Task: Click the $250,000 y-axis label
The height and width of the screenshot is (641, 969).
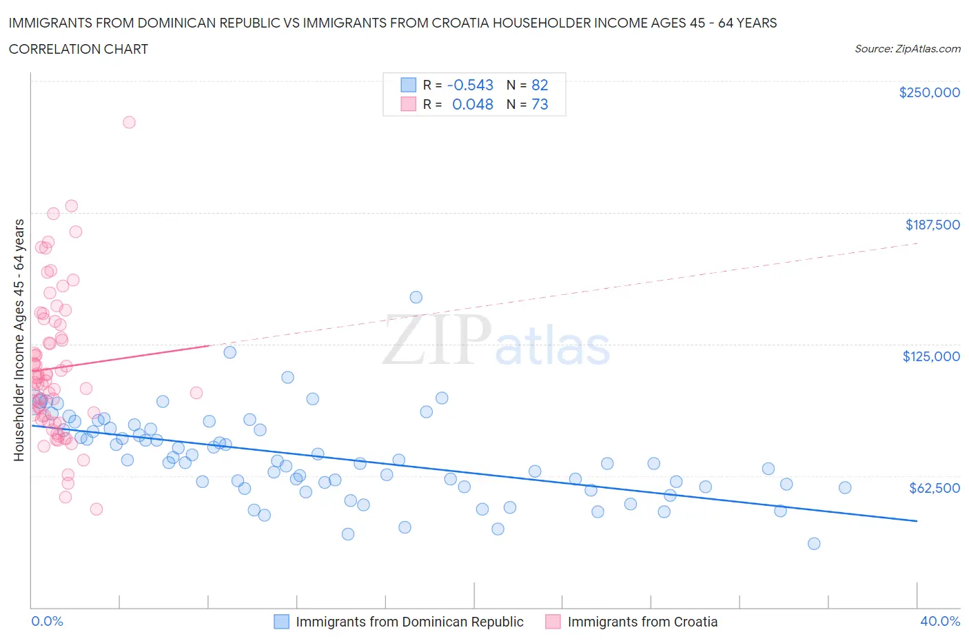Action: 929,92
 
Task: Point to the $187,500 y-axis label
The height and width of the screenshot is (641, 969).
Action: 932,225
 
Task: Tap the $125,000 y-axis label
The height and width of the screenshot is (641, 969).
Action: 931,356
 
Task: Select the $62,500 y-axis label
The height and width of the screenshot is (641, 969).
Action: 934,488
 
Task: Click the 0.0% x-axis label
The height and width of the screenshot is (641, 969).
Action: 47,621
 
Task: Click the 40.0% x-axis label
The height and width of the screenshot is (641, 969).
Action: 940,621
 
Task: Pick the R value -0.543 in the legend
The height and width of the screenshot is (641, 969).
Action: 470,85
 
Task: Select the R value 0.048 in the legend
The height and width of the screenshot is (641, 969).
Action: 472,104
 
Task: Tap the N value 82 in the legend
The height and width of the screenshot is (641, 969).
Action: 540,85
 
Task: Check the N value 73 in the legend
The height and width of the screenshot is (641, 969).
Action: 540,104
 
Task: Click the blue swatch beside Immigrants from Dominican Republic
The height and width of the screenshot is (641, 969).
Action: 281,622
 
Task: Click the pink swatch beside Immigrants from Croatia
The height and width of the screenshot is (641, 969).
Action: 553,622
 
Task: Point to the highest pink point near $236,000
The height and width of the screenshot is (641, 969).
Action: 129,122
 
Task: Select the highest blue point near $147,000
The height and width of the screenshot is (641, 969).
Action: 416,297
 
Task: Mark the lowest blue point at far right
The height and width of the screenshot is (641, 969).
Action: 814,543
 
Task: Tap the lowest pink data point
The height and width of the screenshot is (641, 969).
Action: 96,509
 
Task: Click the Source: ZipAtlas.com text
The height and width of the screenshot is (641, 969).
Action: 907,49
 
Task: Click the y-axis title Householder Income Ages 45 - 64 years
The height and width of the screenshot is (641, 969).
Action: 19,340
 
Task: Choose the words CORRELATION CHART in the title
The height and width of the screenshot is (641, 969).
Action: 78,49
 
